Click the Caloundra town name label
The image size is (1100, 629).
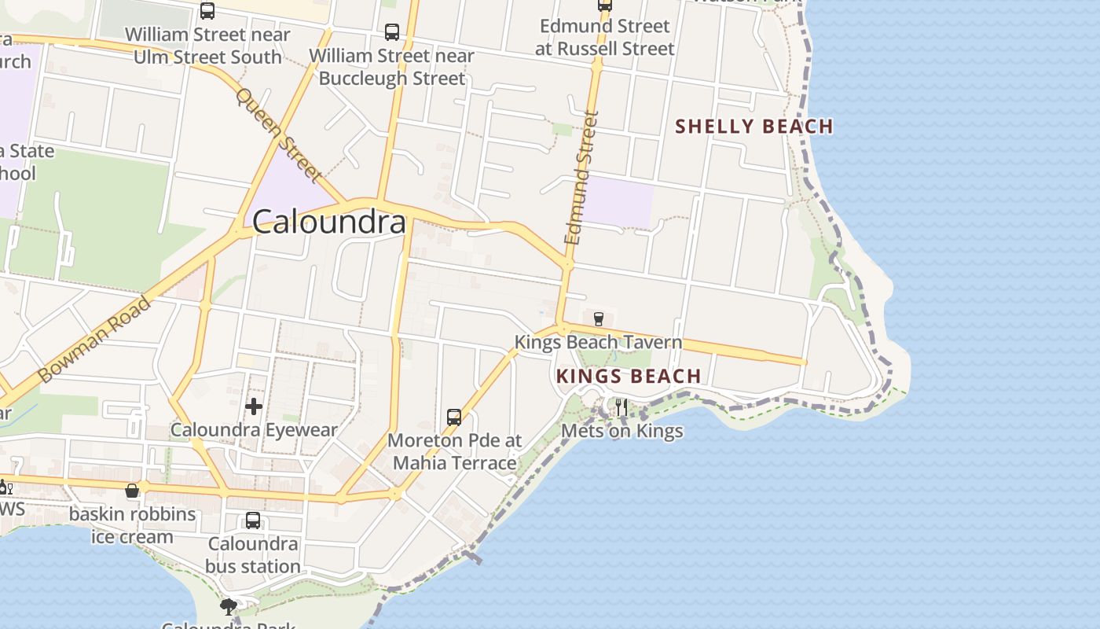click(329, 222)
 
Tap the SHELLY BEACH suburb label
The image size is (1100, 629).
click(754, 126)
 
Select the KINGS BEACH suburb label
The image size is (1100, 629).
click(629, 376)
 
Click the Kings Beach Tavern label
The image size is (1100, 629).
click(598, 342)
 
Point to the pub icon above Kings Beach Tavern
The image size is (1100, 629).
click(599, 318)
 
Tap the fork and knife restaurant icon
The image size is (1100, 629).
click(621, 406)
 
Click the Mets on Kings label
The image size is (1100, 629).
click(621, 431)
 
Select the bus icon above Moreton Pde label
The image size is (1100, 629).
click(454, 417)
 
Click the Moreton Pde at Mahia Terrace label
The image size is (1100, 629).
click(455, 451)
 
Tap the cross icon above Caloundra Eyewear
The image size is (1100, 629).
click(254, 406)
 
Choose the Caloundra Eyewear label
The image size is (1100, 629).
click(254, 430)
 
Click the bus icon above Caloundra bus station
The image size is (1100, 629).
click(253, 520)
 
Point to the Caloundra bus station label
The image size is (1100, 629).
click(253, 555)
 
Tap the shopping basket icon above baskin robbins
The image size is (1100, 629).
click(132, 491)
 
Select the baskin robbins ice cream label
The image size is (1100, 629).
click(132, 525)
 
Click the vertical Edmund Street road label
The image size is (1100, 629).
click(581, 178)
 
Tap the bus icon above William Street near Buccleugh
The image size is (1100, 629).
click(392, 32)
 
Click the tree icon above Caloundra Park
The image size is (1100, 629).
click(229, 606)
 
